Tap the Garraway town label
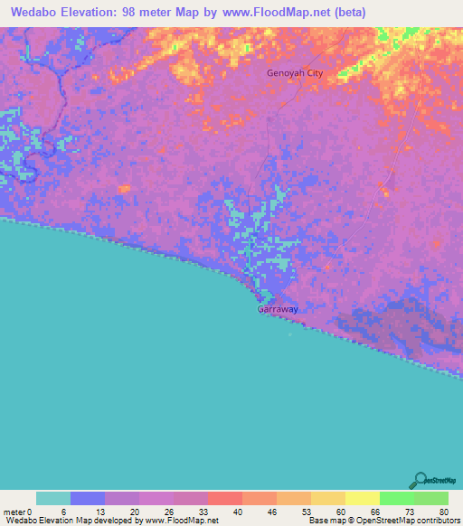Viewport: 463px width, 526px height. pyautogui.click(x=278, y=309)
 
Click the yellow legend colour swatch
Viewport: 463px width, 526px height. pyautogui.click(x=362, y=498)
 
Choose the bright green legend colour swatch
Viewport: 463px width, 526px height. pyautogui.click(x=396, y=498)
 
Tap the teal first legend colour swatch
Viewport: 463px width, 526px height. pyautogui.click(x=53, y=498)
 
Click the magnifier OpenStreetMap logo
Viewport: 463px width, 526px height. pyautogui.click(x=420, y=480)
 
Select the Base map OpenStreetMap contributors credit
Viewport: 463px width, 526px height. pyautogui.click(x=383, y=521)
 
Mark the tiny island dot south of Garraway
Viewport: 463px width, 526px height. pyautogui.click(x=290, y=333)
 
